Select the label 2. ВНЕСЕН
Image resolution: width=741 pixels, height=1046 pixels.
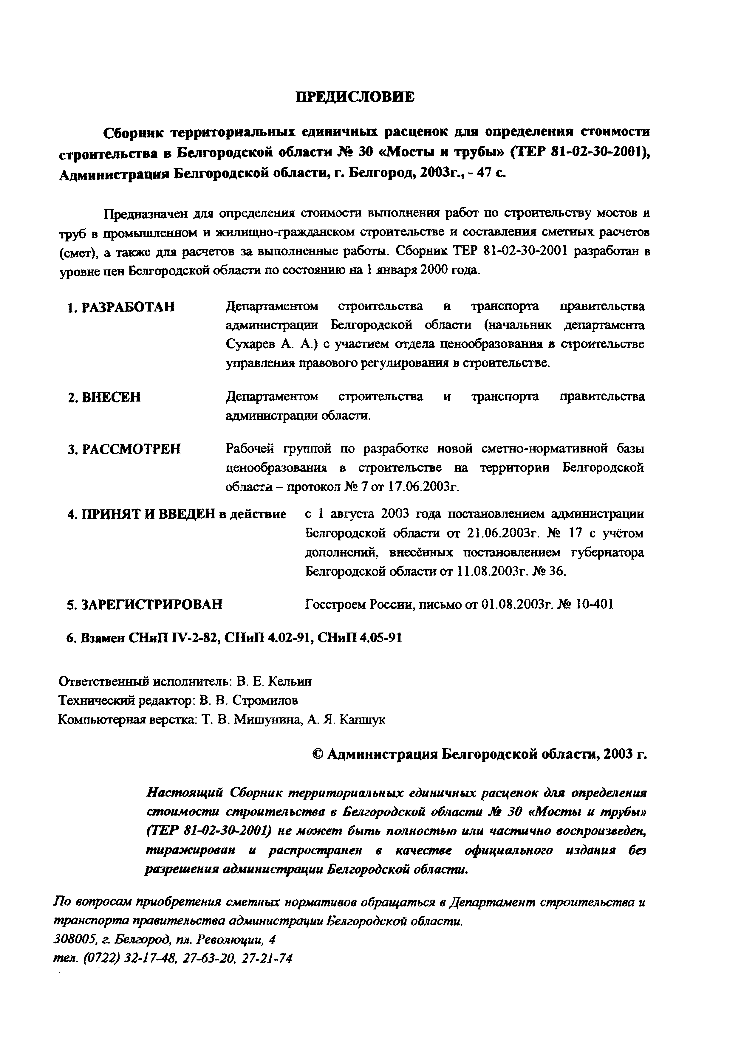tap(104, 397)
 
